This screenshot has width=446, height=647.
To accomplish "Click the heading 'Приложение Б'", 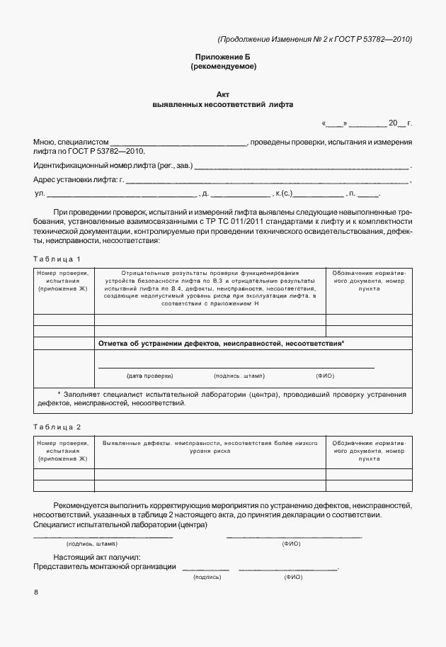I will [223, 56].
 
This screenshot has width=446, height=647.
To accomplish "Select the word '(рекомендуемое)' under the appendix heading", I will [223, 67].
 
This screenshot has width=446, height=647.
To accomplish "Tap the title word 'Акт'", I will [223, 94].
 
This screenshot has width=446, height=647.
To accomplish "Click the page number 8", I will [36, 592].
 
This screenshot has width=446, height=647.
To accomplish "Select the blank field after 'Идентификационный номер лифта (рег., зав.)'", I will [301, 168].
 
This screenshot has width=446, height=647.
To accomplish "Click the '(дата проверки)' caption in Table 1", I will [149, 375].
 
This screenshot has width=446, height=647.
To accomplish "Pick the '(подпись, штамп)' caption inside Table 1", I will [238, 375].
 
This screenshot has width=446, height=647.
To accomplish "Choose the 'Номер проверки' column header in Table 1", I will [63, 281].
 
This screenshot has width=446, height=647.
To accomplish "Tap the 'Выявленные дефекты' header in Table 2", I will [210, 443].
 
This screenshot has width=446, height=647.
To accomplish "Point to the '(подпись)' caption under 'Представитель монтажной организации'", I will [206, 577].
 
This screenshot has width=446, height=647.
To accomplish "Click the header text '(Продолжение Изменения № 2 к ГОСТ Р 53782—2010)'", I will [314, 39].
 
